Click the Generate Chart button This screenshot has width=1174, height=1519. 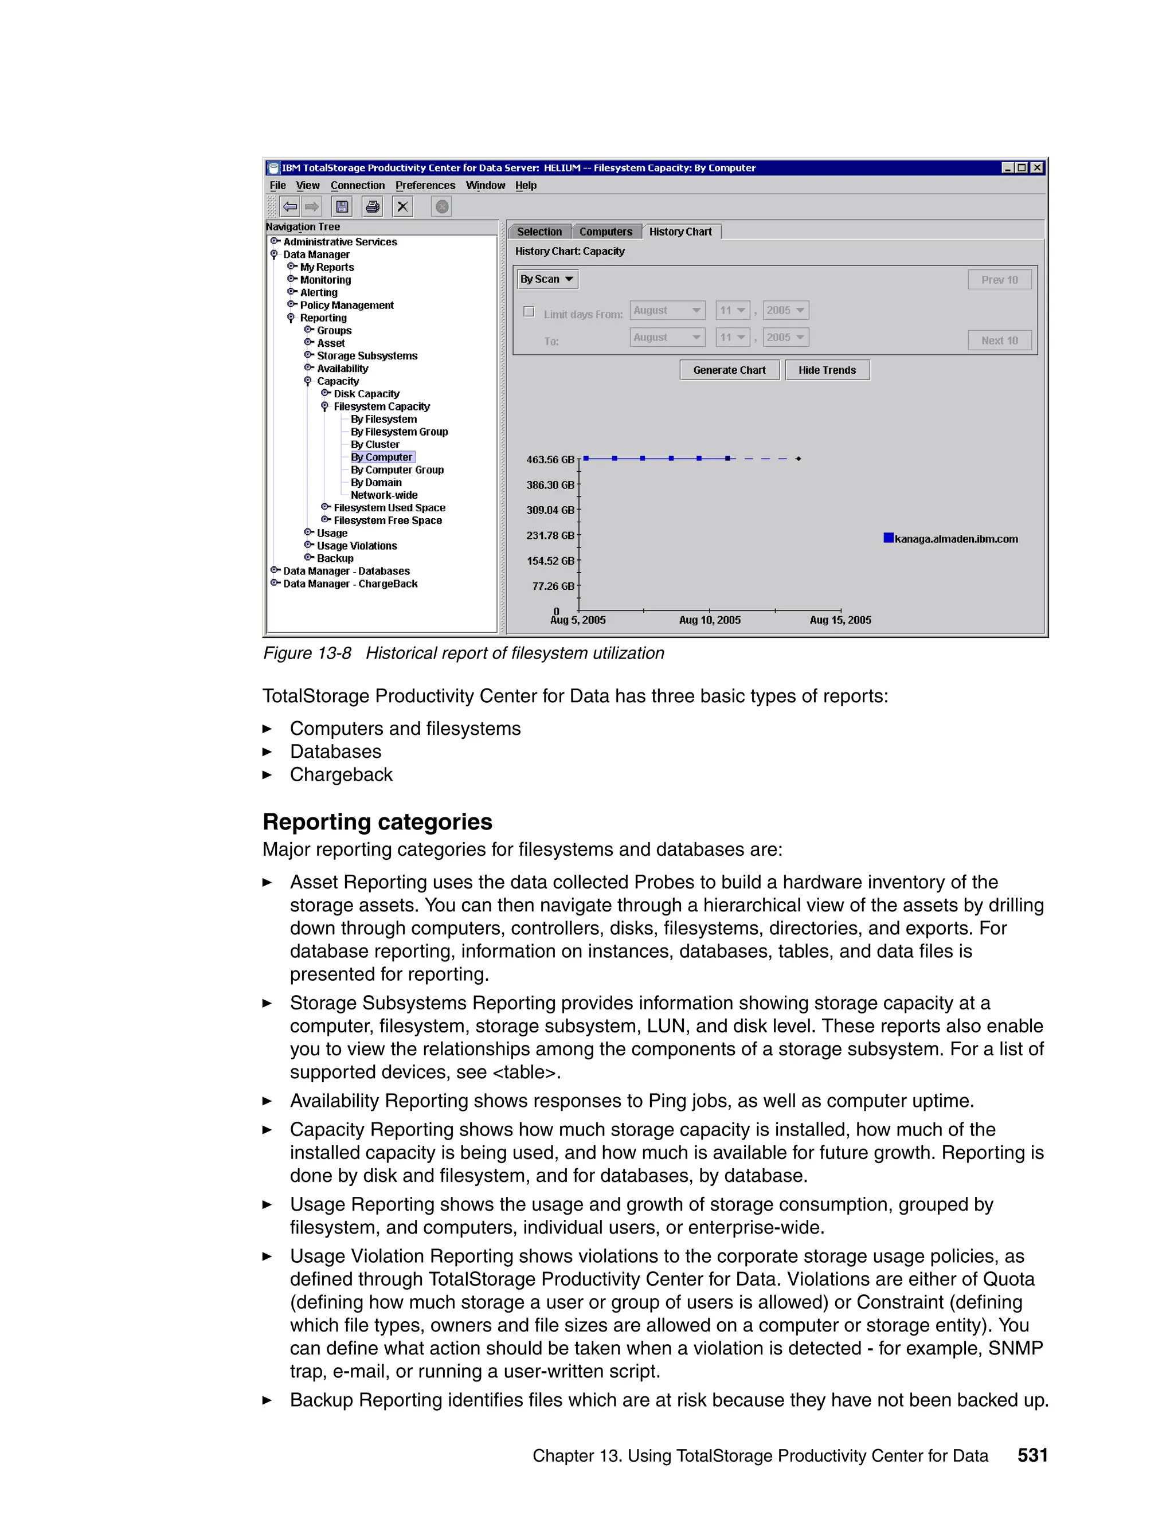[x=729, y=370]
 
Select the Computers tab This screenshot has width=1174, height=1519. [x=605, y=232]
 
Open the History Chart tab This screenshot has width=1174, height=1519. [x=680, y=232]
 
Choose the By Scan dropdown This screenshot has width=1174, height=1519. [x=547, y=279]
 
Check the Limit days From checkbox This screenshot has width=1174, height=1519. [x=529, y=312]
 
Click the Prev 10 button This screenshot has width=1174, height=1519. [x=999, y=280]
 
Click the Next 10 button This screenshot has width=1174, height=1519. [x=999, y=340]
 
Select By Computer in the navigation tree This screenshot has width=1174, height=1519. [x=381, y=457]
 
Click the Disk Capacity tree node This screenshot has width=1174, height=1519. [x=366, y=394]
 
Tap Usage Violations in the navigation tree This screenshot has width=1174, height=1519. [x=357, y=546]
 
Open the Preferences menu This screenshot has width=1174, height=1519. [x=425, y=186]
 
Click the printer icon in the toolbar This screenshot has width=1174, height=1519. [x=373, y=206]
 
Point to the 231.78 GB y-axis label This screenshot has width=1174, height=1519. [x=550, y=535]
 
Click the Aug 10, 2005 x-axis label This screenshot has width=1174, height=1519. [x=710, y=620]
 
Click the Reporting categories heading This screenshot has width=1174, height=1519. [x=377, y=822]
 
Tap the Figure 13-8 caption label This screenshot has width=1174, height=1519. [x=307, y=653]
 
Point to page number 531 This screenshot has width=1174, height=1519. [x=1032, y=1455]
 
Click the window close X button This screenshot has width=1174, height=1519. [x=1036, y=167]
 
